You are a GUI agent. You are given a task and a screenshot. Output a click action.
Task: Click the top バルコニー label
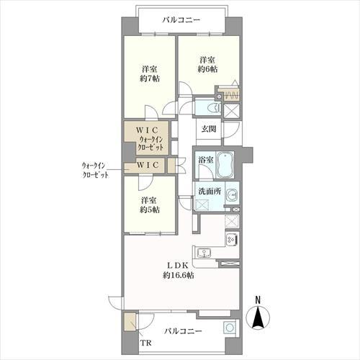[181, 20]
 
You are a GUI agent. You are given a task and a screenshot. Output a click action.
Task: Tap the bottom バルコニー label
[182, 332]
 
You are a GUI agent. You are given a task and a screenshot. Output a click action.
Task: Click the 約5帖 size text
[150, 210]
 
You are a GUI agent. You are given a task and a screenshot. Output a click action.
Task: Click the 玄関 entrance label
[209, 129]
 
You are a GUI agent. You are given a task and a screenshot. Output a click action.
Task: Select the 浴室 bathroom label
[205, 161]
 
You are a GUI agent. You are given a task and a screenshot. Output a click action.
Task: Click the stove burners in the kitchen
[232, 240]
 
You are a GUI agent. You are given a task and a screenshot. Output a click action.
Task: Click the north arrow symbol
[258, 317]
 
